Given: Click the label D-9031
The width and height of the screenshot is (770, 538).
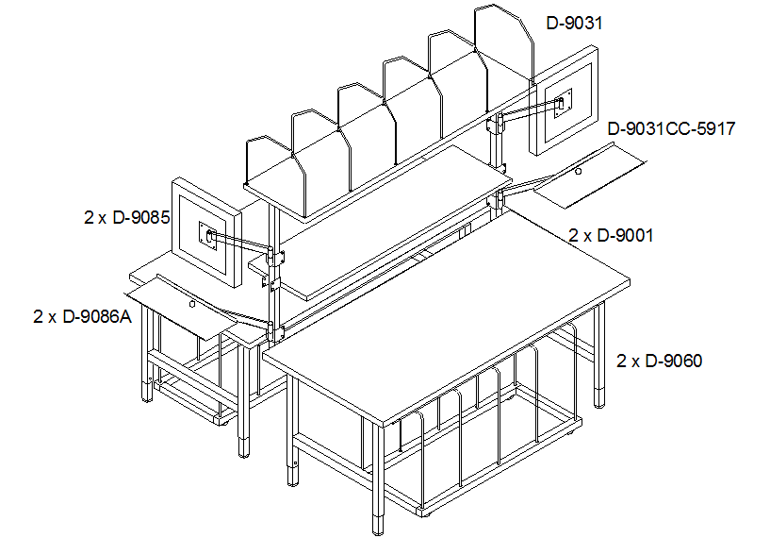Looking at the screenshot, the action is (574, 23).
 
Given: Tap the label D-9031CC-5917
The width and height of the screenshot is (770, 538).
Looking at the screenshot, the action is (671, 129).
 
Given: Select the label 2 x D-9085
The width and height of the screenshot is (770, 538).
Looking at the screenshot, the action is (127, 217).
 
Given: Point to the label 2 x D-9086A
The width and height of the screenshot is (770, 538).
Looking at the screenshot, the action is (83, 317).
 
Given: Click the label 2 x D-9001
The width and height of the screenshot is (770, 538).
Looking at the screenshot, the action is (611, 236).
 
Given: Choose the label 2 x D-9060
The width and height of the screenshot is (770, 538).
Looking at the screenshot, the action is (659, 361).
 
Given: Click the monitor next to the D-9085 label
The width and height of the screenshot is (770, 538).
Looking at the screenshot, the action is (206, 232).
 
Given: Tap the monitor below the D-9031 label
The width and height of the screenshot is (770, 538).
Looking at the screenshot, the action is (565, 100).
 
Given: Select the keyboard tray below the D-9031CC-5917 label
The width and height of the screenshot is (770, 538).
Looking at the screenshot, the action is (589, 176).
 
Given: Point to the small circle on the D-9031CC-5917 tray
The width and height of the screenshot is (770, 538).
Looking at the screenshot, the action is (579, 171).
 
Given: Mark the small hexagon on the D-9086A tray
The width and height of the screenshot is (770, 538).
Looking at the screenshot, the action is (192, 304).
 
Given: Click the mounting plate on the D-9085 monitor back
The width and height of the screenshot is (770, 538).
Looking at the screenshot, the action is (208, 237).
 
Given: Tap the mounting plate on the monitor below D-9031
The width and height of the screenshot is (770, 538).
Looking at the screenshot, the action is (563, 104).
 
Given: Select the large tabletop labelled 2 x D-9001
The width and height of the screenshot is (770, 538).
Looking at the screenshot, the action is (447, 314).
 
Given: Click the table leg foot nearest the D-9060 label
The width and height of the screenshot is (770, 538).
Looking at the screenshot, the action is (599, 397).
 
